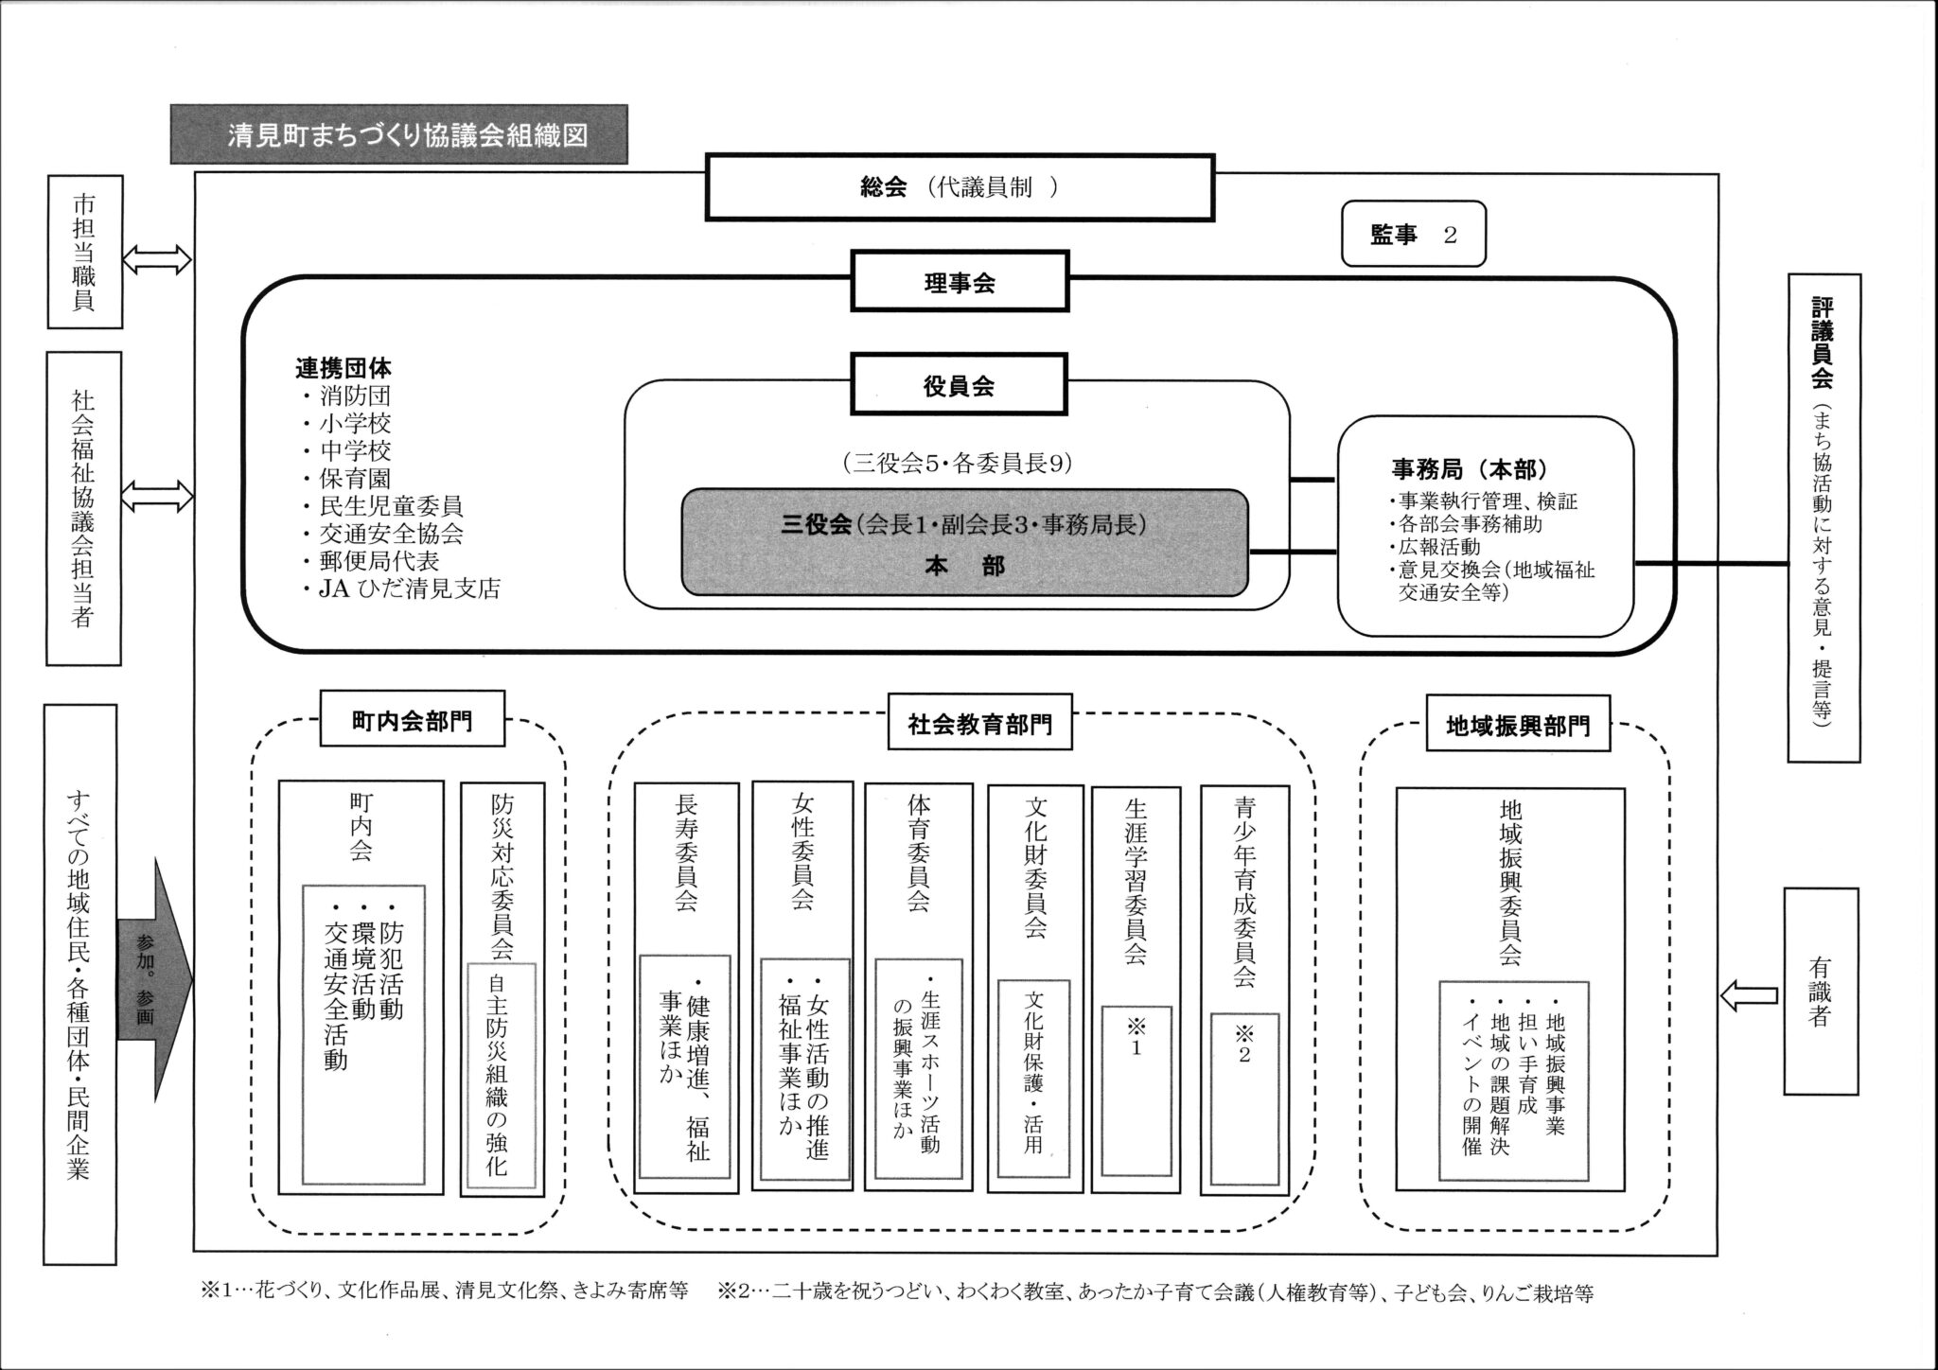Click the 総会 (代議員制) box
pyautogui.click(x=960, y=187)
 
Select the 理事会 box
pyautogui.click(x=960, y=281)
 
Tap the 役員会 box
pyautogui.click(x=959, y=384)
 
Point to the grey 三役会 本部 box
pyautogui.click(x=964, y=543)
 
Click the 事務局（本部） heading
pyautogui.click(x=1468, y=469)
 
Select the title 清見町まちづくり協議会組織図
pyautogui.click(x=398, y=134)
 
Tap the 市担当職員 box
pyautogui.click(x=85, y=252)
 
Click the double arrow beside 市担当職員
pyautogui.click(x=157, y=257)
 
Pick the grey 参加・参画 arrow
pyautogui.click(x=151, y=980)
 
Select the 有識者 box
pyautogui.click(x=1820, y=991)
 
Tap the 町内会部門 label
pyautogui.click(x=412, y=721)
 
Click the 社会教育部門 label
pyautogui.click(x=979, y=725)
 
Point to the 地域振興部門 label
pyautogui.click(x=1518, y=726)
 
